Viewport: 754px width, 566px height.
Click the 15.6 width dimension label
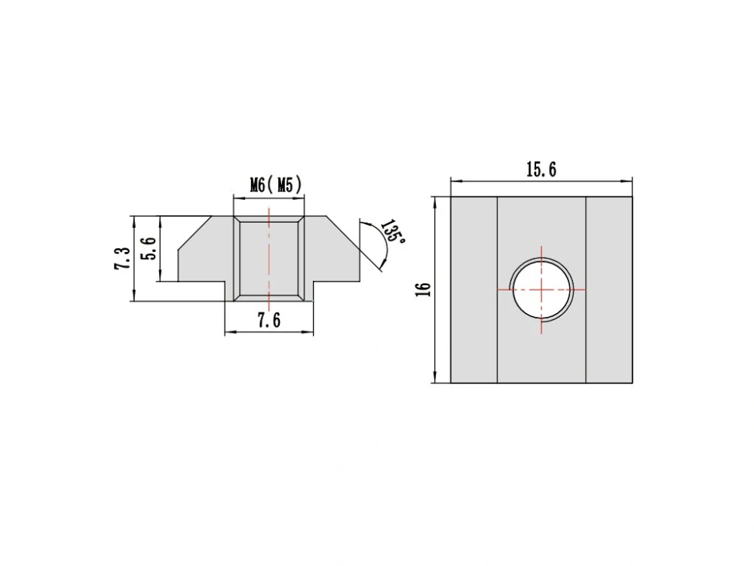(x=541, y=169)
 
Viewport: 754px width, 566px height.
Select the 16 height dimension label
(x=423, y=289)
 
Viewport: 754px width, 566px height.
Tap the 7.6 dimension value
(x=269, y=320)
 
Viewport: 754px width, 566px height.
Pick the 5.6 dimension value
(x=148, y=248)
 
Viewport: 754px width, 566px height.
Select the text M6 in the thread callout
(x=257, y=185)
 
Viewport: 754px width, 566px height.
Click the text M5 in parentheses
(x=285, y=185)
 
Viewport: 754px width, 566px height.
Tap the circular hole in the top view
(x=542, y=290)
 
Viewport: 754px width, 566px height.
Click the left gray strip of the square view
(x=474, y=290)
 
